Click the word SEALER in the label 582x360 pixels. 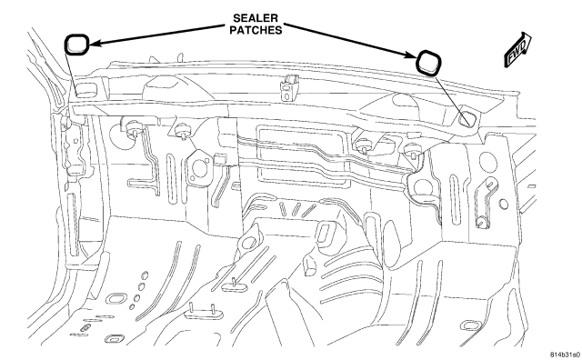click(256, 18)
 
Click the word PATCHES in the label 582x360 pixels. click(256, 30)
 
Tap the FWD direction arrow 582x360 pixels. click(517, 49)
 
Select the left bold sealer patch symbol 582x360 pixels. click(76, 45)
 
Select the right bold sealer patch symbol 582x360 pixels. click(428, 63)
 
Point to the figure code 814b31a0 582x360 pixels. click(565, 355)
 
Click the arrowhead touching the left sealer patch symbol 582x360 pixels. click(94, 43)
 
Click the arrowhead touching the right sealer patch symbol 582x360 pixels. click(411, 55)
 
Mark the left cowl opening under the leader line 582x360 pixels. click(86, 90)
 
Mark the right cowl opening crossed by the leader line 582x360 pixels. click(467, 118)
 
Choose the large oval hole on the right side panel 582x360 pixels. click(488, 162)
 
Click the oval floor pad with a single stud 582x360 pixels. click(235, 285)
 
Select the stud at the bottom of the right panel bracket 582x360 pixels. click(482, 222)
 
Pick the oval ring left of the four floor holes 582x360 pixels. click(116, 298)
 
